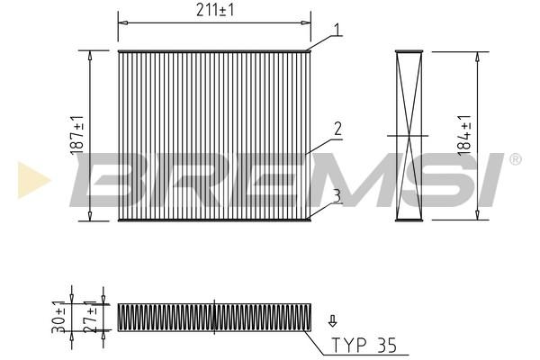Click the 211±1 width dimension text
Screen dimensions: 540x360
click(215, 10)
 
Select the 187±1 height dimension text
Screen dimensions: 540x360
click(77, 135)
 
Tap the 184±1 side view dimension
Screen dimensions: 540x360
click(464, 135)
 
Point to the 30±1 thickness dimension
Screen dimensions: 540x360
click(58, 317)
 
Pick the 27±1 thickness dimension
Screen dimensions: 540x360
click(90, 317)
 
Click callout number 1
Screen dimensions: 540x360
click(337, 30)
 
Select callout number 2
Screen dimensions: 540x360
click(337, 129)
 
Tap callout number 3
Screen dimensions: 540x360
click(337, 195)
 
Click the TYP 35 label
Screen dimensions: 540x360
click(364, 346)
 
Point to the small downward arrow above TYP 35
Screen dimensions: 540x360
click(332, 320)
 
